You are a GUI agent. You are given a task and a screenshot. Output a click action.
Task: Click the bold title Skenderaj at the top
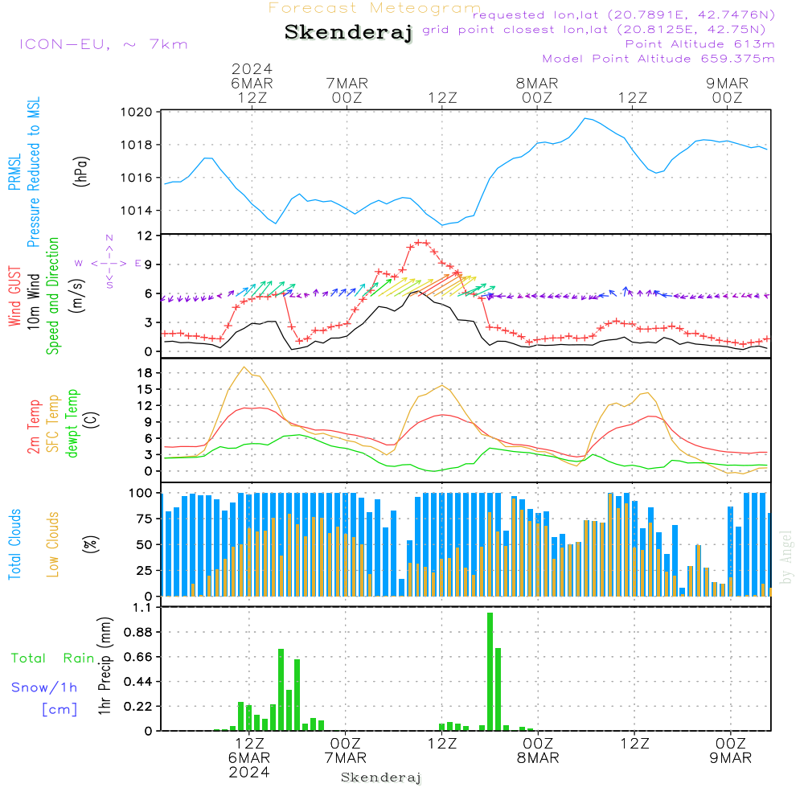coord(348,33)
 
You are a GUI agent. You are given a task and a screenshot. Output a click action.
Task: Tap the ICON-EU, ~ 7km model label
coord(104,44)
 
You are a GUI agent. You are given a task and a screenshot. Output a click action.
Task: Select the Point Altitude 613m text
coord(699,44)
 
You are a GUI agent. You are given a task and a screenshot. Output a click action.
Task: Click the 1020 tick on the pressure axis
coord(137,112)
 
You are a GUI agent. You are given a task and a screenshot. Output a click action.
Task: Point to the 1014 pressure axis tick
coord(137,210)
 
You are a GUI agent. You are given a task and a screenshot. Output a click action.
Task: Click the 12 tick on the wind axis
coord(146,236)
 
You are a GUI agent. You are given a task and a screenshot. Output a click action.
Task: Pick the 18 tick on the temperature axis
coord(146,373)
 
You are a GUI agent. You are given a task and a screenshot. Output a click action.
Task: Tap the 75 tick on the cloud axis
coord(145,519)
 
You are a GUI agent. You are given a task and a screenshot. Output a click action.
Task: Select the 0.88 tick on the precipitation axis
coord(138,632)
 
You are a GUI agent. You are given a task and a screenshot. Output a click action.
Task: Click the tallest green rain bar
coord(490,671)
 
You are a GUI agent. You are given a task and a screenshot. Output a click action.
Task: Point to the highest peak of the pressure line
coord(585,118)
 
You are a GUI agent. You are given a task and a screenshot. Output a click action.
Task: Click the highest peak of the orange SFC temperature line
coord(244,367)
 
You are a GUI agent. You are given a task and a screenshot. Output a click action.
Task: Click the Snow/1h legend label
coord(44,687)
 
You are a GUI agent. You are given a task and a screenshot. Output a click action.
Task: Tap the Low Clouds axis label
coord(53,544)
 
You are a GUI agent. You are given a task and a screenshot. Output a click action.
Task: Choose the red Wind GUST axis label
coord(14,297)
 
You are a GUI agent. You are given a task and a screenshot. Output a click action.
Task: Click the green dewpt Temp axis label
coord(72,423)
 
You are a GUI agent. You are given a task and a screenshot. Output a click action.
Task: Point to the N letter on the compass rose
coord(109,238)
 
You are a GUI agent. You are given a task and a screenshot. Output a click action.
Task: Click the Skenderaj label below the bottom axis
coord(381,777)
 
